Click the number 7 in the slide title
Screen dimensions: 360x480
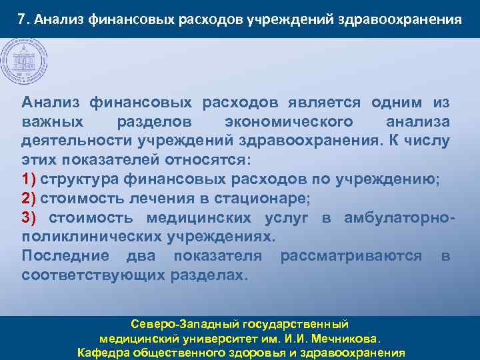click(x=21, y=19)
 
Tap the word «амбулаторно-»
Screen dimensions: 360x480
click(x=400, y=218)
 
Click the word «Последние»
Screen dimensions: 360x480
click(x=64, y=256)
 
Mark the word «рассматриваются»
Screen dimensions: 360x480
click(x=351, y=256)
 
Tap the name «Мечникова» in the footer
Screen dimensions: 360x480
click(x=346, y=339)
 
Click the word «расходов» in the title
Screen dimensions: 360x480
click(x=210, y=19)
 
